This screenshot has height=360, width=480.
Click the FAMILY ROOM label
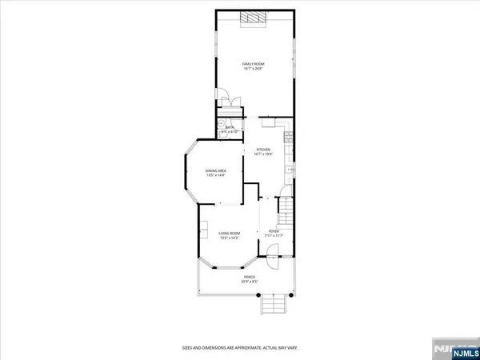coord(254,62)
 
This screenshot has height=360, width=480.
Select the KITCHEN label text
coord(262,150)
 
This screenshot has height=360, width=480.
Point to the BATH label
coord(229,127)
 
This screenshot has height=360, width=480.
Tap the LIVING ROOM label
coord(231,233)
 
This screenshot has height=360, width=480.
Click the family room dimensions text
coord(254,68)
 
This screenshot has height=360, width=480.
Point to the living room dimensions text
coord(231,238)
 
